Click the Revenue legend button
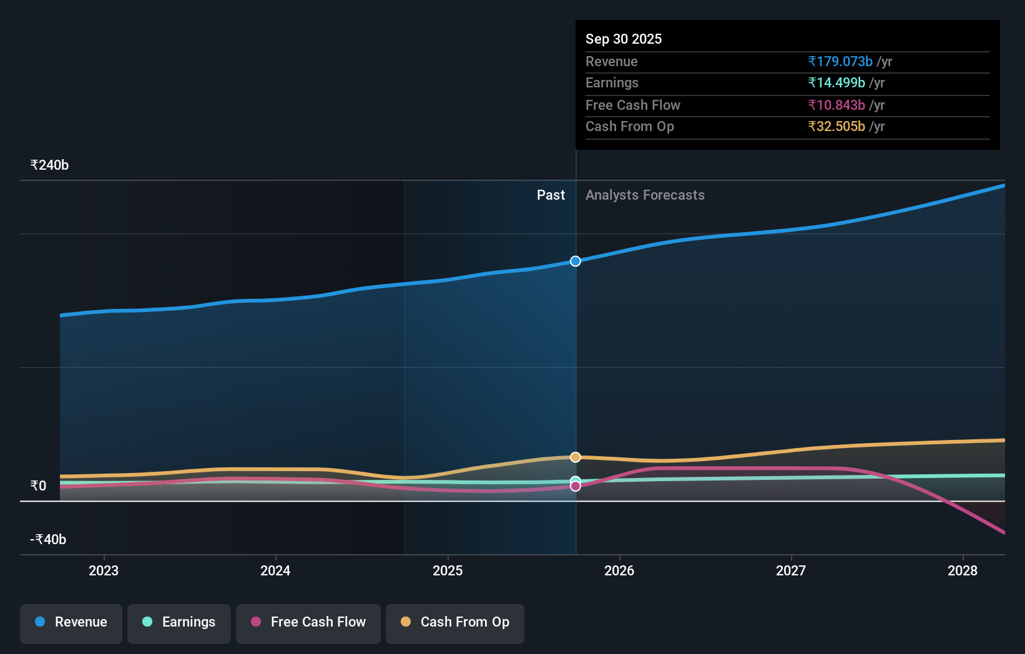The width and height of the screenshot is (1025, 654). coord(71,622)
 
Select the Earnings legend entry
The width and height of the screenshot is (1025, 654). coord(179,622)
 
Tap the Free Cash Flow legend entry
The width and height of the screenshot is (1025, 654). coord(308,622)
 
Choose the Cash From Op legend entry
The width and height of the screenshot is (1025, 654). coord(455,622)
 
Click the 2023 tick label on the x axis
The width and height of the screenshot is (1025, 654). coord(104,570)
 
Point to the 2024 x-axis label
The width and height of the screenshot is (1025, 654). coord(275,570)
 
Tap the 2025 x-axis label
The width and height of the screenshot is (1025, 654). coord(448,570)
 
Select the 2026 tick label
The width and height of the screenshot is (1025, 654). coord(619,570)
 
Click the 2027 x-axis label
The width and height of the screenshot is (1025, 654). coord(791,570)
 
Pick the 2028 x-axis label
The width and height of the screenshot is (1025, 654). coord(963,570)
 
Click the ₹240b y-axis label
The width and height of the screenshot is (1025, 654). coord(49,165)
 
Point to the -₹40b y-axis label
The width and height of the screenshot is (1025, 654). coord(48,540)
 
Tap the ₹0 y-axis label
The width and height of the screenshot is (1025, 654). coord(38,486)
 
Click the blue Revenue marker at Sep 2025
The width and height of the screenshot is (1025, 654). coord(576,261)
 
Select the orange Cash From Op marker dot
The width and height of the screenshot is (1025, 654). coord(576,457)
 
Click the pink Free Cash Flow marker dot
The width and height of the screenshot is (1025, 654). coord(576,486)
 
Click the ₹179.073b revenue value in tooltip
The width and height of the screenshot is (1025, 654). coord(840,61)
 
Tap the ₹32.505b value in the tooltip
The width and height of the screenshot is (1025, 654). coord(836,127)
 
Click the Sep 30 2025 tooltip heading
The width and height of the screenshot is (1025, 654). coord(624,39)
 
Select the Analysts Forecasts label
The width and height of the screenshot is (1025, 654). coord(645,195)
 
